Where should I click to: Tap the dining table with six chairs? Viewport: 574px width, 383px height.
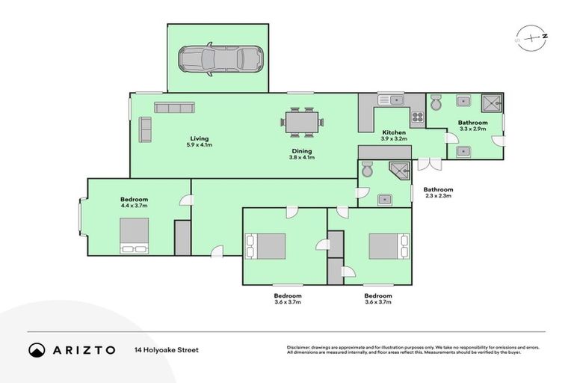(303, 122)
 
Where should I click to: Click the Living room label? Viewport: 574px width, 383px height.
(199, 138)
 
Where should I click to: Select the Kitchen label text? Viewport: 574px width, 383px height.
(393, 132)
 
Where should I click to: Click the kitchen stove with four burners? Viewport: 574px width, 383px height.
(416, 117)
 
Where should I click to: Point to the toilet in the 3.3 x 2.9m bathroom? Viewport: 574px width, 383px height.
(436, 102)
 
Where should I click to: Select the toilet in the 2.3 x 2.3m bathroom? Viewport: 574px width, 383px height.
(367, 169)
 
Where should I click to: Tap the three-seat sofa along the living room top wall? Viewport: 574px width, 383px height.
(173, 108)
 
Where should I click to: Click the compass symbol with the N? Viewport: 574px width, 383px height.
(531, 37)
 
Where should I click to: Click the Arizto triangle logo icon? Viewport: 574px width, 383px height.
(37, 349)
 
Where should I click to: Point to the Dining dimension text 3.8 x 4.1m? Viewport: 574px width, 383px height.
(302, 158)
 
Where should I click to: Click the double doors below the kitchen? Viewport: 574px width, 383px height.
(425, 163)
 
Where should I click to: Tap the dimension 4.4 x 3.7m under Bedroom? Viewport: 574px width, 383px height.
(135, 207)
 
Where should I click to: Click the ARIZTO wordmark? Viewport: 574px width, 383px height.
(84, 349)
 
